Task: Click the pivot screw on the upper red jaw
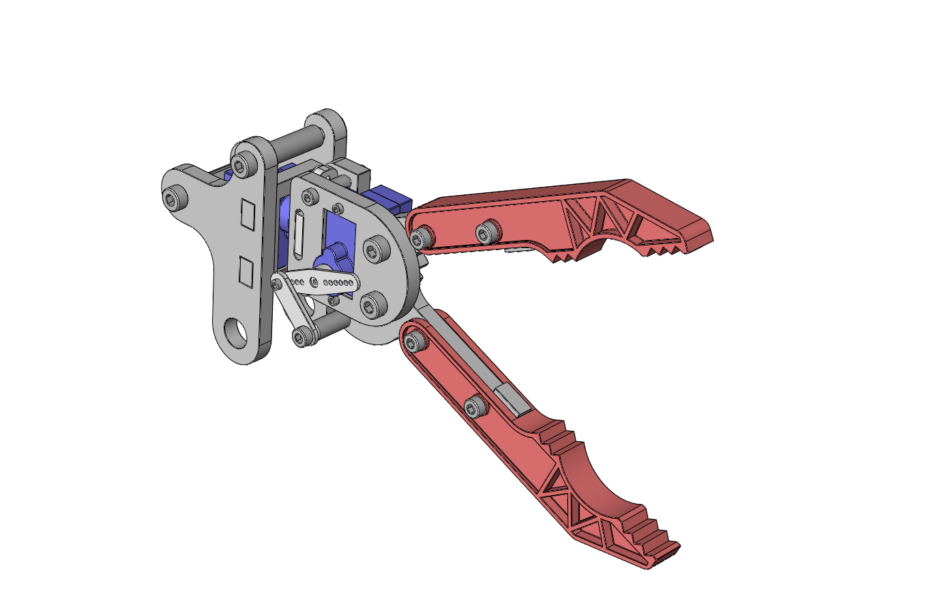pyautogui.click(x=422, y=237)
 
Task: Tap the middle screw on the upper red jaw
pyautogui.click(x=486, y=231)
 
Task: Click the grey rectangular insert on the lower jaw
pyautogui.click(x=512, y=400)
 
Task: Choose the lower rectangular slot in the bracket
pyautogui.click(x=245, y=271)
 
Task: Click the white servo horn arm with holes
pyautogui.click(x=321, y=281)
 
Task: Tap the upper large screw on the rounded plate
pyautogui.click(x=372, y=250)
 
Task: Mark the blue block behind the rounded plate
pyautogui.click(x=387, y=198)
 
